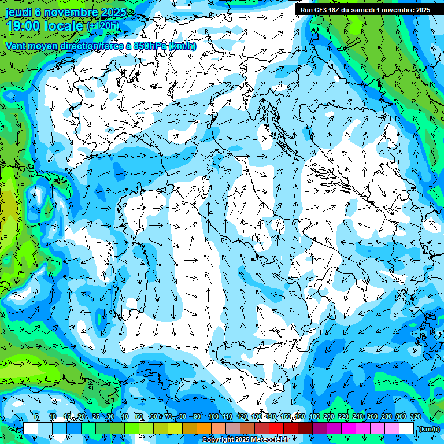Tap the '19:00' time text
pos(24,27)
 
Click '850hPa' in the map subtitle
pos(149,46)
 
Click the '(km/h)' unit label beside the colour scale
pos(428,429)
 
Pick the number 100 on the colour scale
pos(213,417)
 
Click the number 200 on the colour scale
pos(329,417)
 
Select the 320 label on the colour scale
pos(415,417)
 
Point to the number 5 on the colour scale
pos(36,417)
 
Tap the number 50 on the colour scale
pos(139,417)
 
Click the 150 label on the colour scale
pos(286,417)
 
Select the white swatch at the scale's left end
pos(31,428)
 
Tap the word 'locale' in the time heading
pos(62,27)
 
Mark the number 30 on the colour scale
pos(110,417)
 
